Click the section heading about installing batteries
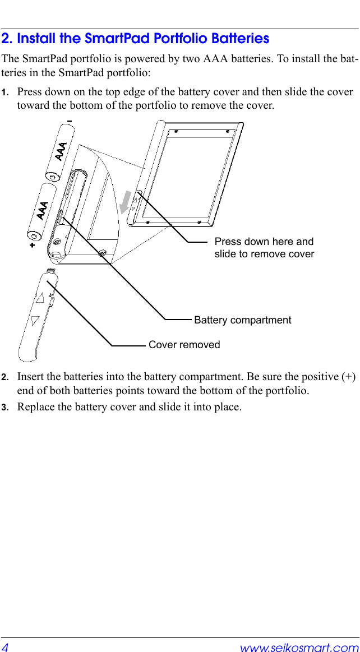coord(135,39)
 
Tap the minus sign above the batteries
coord(70,121)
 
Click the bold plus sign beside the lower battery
coord(33,246)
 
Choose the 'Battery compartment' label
coord(242,320)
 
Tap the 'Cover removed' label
coord(184,345)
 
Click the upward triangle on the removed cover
coord(39,297)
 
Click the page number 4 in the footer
coord(6,648)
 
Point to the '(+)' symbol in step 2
coord(348,376)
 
